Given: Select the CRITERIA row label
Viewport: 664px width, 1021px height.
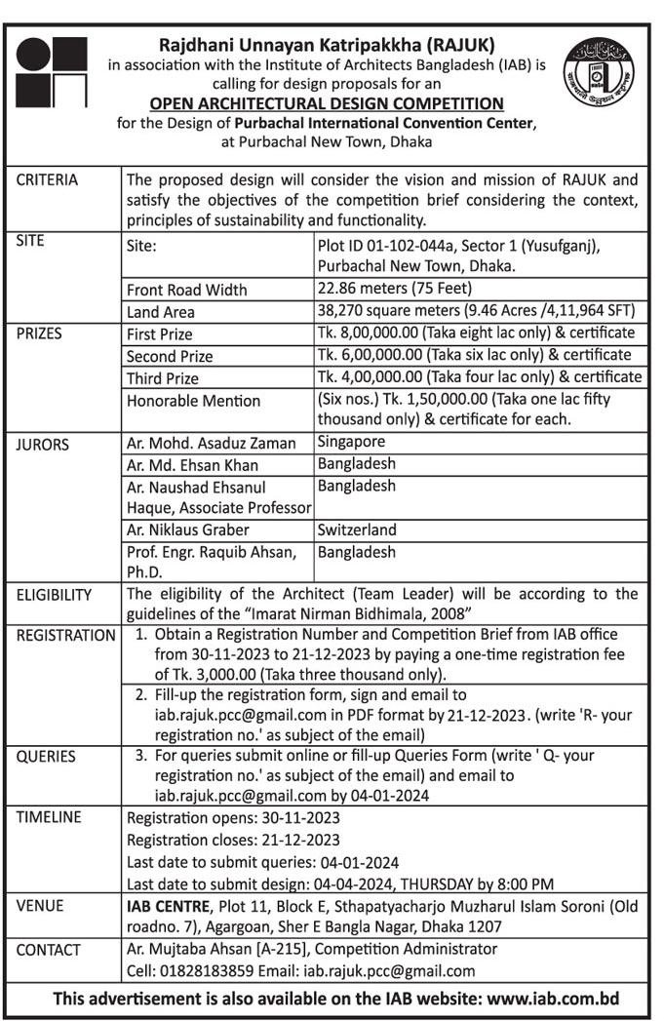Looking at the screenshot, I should click(47, 180).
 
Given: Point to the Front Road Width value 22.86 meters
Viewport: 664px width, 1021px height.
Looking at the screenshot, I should click(395, 289).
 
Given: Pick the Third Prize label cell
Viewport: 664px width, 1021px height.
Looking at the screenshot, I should click(163, 378).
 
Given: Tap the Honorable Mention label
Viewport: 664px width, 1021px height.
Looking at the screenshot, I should click(193, 401).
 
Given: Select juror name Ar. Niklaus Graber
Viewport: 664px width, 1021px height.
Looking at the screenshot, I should click(188, 530).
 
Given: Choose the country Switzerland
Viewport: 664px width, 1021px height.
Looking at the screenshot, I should click(357, 530).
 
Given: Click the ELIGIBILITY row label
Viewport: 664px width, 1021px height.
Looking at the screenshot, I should click(54, 595).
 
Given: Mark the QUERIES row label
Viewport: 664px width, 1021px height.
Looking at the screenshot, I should click(46, 756).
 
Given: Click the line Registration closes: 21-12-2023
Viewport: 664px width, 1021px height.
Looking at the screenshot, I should click(234, 840).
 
